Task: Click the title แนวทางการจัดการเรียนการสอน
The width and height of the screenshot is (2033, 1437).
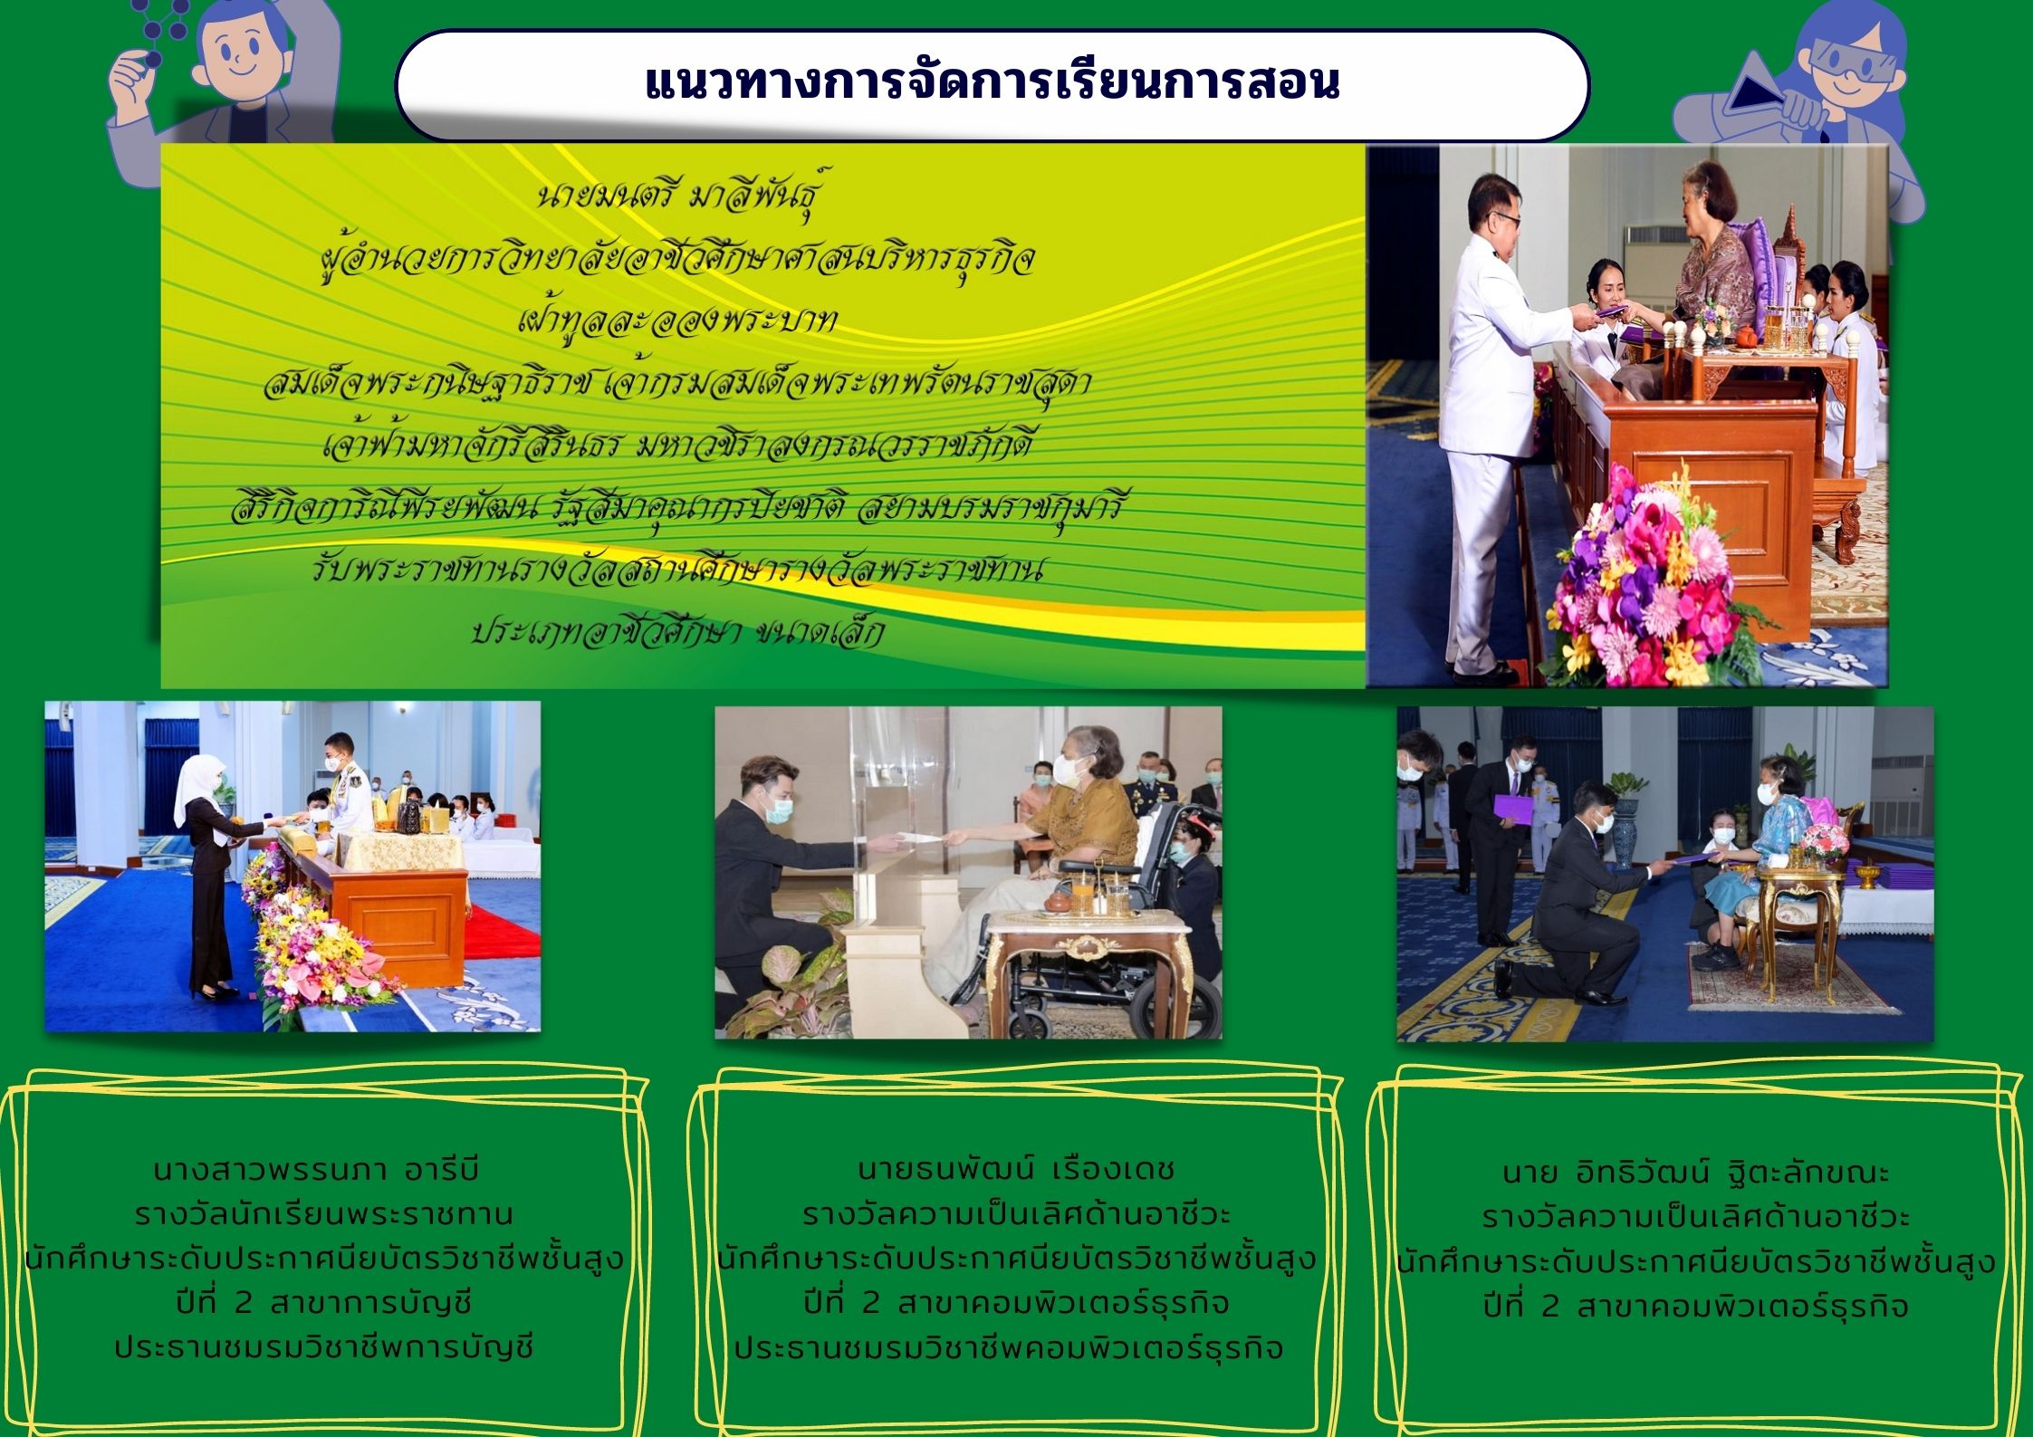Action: point(992,83)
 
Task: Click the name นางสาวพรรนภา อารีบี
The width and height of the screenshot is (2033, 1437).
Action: point(314,1170)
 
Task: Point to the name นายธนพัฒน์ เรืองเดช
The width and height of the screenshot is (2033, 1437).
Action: point(1015,1170)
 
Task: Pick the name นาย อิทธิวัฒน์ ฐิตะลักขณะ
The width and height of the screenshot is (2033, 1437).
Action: point(1695,1174)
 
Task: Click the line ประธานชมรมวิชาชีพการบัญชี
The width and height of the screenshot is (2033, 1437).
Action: point(323,1347)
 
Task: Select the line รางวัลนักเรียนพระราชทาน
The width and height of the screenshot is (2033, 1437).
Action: point(323,1214)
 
